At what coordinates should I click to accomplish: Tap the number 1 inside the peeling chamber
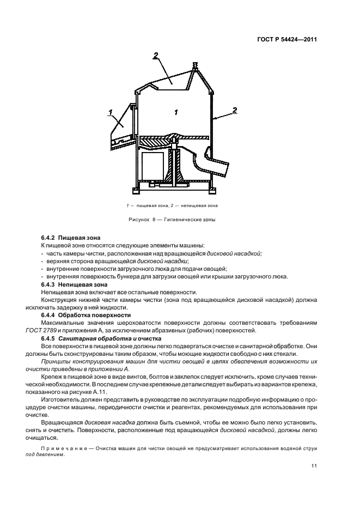(x=176, y=112)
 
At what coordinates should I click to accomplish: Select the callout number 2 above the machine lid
(x=156, y=55)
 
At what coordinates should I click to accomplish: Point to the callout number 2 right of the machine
(x=235, y=110)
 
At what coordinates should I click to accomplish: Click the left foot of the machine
(x=137, y=191)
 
